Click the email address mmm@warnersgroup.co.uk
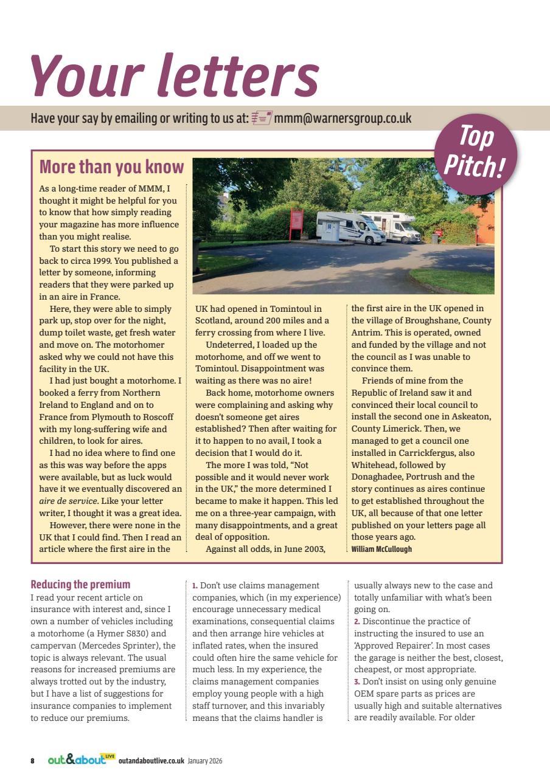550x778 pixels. click(343, 118)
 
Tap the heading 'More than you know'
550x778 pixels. click(111, 167)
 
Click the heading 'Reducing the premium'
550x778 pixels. click(80, 585)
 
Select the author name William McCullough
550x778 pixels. click(381, 549)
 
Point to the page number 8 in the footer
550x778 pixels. click(33, 760)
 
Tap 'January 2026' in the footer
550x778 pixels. click(205, 760)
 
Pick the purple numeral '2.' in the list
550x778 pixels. click(357, 621)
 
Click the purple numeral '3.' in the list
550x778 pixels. click(357, 681)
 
